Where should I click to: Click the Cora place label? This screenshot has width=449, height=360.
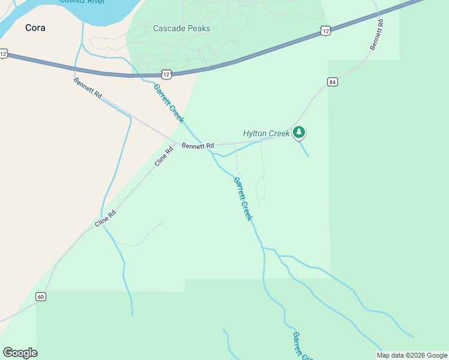coord(35,28)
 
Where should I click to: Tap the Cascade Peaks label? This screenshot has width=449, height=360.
coord(181,28)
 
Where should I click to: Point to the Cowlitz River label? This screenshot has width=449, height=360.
coord(83,2)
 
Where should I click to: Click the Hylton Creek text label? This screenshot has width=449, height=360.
coord(266,133)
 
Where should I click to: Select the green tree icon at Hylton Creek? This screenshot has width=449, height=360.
coord(299,133)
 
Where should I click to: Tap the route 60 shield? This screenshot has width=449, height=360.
coord(40,296)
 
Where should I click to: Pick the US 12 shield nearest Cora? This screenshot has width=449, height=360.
coord(4,54)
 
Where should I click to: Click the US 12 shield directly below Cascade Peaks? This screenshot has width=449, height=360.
coord(166,74)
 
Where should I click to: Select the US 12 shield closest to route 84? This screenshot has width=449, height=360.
coord(325,30)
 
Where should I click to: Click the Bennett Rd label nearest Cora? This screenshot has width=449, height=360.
coord(88,88)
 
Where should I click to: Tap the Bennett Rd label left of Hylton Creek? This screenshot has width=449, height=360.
coord(197,146)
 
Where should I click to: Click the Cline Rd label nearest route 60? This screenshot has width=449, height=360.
coord(105,218)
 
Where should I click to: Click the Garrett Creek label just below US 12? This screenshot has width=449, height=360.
coord(169,103)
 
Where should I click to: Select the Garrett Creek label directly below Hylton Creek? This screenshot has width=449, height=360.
coord(243,199)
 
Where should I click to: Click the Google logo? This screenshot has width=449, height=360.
coord(20,353)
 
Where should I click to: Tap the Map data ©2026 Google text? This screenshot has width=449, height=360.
coord(412,355)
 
